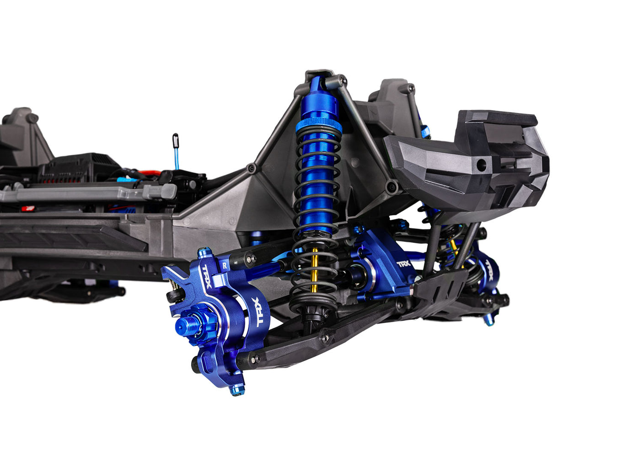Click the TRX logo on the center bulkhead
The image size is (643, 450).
click(403, 264)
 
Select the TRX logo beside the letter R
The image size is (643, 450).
click(207, 276)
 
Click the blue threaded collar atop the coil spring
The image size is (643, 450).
click(318, 125)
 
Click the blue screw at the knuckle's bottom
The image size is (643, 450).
click(236, 390)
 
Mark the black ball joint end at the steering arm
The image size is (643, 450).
click(172, 296)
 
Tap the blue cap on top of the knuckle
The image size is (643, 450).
click(204, 252)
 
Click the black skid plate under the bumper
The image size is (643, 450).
click(441, 286)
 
